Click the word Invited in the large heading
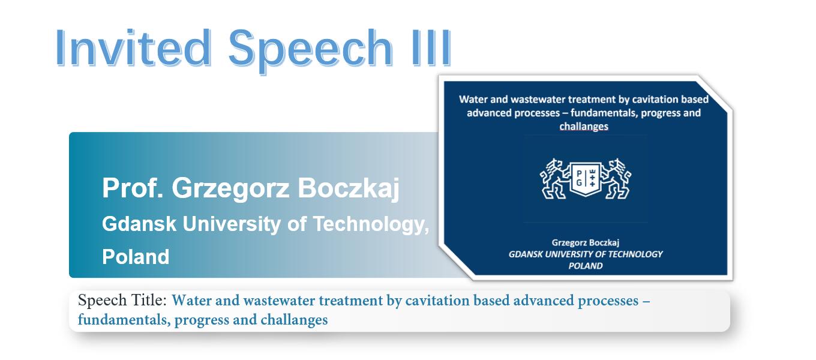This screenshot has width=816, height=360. (x=133, y=48)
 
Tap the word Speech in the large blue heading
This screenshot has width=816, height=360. (x=310, y=50)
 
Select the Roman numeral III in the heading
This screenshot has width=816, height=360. (x=432, y=48)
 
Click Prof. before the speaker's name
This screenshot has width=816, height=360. (x=132, y=188)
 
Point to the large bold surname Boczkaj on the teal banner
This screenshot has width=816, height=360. (x=349, y=189)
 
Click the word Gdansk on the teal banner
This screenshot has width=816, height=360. (x=139, y=223)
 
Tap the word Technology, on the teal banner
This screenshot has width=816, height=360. (x=371, y=224)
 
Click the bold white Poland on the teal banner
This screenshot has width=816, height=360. (x=136, y=257)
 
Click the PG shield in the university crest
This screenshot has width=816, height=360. (x=586, y=179)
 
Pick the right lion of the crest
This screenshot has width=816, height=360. (x=616, y=179)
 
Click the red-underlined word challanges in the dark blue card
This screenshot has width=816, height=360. (x=584, y=127)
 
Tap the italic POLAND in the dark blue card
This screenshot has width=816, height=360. (x=586, y=266)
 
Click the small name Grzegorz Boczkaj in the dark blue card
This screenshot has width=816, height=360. (x=586, y=242)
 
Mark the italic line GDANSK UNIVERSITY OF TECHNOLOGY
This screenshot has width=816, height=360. (x=586, y=254)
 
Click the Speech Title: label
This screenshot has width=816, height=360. (x=122, y=301)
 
